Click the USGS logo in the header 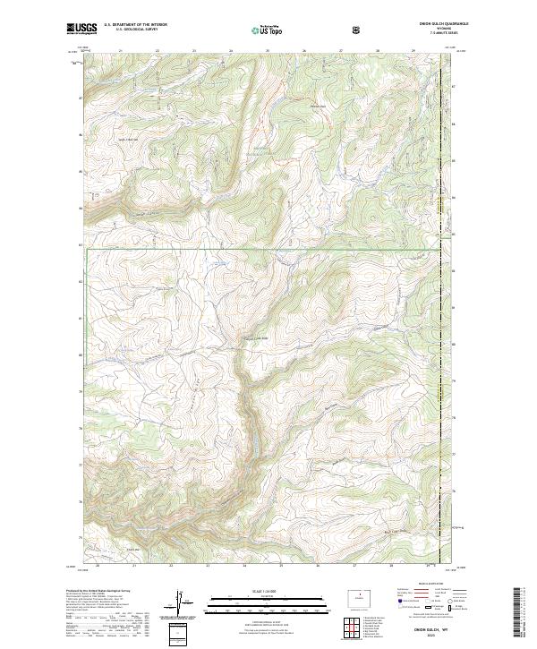point(80,29)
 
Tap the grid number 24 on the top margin point(231,52)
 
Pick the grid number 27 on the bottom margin point(354,566)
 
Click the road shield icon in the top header point(357,30)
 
